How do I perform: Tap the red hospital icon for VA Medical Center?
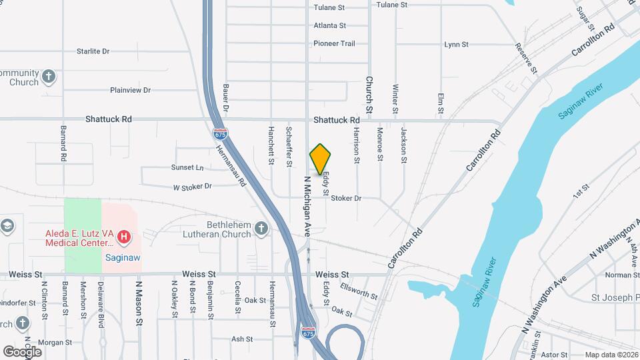(x=123, y=236)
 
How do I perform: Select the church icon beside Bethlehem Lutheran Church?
(x=261, y=229)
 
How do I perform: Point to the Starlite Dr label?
(x=93, y=51)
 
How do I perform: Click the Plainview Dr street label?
(x=131, y=90)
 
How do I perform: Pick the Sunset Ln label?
(x=187, y=167)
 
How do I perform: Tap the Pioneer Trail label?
(x=335, y=43)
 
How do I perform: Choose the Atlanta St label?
(x=330, y=26)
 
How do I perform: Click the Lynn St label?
(x=457, y=45)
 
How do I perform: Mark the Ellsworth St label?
(x=359, y=292)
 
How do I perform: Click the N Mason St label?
(x=139, y=303)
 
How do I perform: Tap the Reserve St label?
(x=526, y=58)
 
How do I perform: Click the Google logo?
(x=22, y=351)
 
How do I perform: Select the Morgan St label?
(x=55, y=343)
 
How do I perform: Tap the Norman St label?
(x=623, y=275)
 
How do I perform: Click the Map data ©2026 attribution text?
(x=611, y=355)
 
